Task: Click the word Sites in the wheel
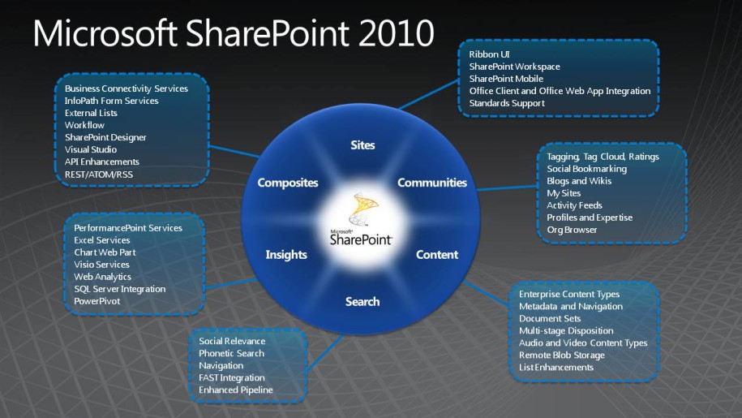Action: click(x=362, y=145)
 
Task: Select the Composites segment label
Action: click(x=288, y=183)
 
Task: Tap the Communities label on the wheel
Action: click(x=432, y=183)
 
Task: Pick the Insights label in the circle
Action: click(x=286, y=255)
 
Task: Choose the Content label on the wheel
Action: click(x=437, y=255)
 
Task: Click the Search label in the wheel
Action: click(x=362, y=302)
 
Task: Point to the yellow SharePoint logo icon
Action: click(x=363, y=209)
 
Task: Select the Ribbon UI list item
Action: click(x=489, y=54)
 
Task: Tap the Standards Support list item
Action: click(x=507, y=103)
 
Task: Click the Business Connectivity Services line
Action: click(x=127, y=88)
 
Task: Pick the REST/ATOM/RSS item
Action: click(x=99, y=175)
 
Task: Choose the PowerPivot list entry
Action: click(x=97, y=301)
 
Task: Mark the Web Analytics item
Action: click(x=102, y=277)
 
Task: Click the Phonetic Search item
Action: click(x=231, y=353)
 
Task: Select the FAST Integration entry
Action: click(x=232, y=377)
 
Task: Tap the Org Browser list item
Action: click(x=572, y=230)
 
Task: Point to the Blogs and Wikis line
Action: click(x=579, y=181)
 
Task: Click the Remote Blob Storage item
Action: click(x=562, y=355)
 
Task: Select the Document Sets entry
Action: click(x=549, y=319)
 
